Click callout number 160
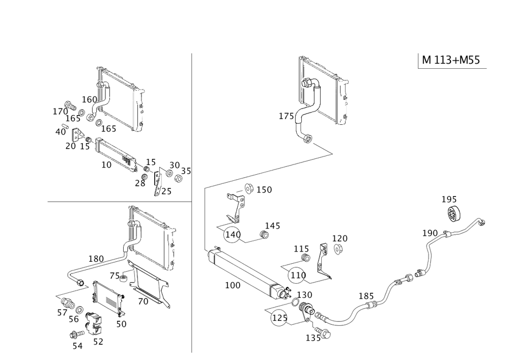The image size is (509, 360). pos(90,98)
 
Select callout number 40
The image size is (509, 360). pos(61,131)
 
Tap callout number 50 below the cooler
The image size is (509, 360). pos(121,323)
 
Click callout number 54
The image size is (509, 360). pos(77,346)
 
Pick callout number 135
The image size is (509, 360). pos(313,338)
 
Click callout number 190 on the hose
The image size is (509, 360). pos(430,233)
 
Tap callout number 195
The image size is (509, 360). pos(449,199)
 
